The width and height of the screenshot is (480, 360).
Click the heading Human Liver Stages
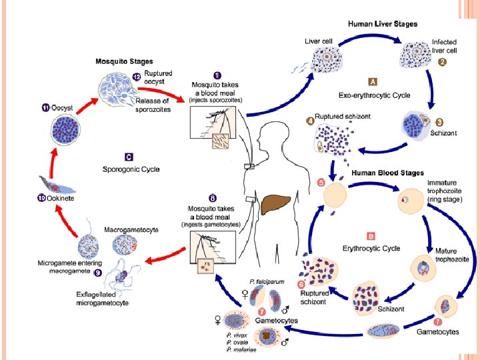[x=383, y=24]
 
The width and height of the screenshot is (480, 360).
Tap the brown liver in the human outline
[x=275, y=205]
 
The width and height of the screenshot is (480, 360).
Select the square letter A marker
[x=373, y=82]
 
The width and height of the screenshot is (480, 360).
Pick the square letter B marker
[x=371, y=236]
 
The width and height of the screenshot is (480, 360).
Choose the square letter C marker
[x=129, y=157]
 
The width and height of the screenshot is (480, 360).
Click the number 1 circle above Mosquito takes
[x=217, y=75]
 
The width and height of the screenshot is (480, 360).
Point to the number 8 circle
[x=213, y=199]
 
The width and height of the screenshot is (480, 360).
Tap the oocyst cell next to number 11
[x=66, y=129]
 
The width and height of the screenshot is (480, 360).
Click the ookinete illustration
[x=57, y=185]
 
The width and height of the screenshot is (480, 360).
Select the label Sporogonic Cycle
[x=131, y=169]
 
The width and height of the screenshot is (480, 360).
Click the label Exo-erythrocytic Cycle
[x=374, y=95]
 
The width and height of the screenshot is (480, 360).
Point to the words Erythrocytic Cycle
[x=371, y=248]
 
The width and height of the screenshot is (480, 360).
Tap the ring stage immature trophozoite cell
[x=411, y=201]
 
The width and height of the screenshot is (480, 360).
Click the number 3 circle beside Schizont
[x=439, y=123]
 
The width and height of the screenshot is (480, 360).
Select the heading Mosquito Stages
[x=124, y=61]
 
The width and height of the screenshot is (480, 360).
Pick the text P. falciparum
[x=267, y=281]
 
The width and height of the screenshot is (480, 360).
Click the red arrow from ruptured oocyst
[x=161, y=93]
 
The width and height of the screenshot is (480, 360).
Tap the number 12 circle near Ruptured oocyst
[x=137, y=77]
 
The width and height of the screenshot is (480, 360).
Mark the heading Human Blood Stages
[x=387, y=173]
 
